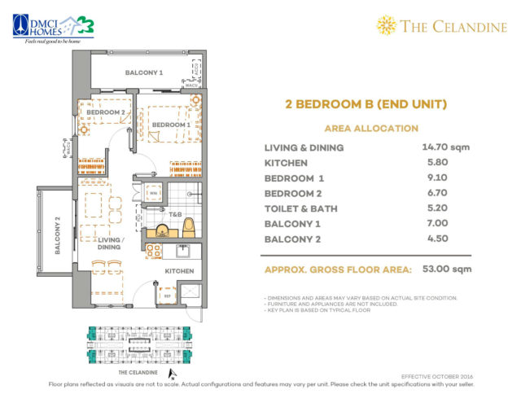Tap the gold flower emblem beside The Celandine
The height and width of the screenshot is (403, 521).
[385, 26]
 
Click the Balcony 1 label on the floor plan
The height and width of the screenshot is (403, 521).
[143, 73]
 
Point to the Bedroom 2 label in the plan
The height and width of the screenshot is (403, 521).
[106, 112]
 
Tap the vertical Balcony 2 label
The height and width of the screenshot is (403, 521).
[58, 235]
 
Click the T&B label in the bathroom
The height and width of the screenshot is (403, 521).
[164, 217]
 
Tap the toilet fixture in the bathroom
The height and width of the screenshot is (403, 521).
[189, 225]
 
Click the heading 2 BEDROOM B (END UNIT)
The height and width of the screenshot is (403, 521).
[366, 104]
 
